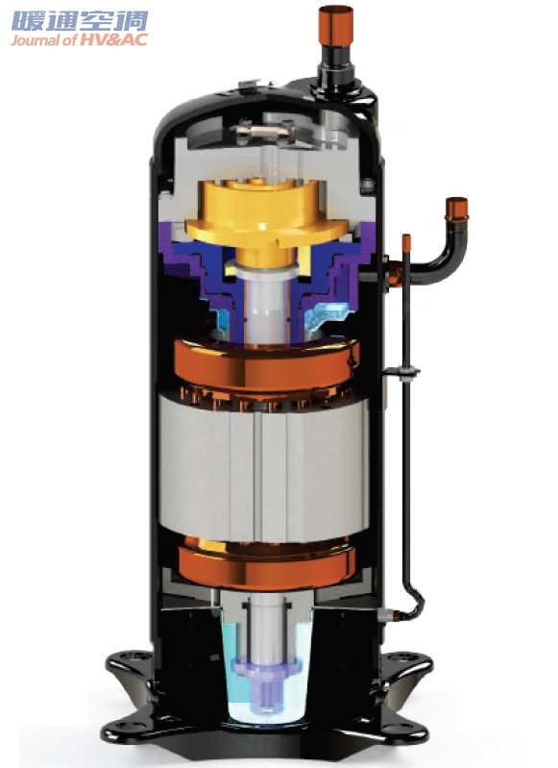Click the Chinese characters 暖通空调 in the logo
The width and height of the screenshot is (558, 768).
(80, 21)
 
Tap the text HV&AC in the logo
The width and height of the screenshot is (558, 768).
(113, 40)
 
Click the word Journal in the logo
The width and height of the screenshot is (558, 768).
(36, 40)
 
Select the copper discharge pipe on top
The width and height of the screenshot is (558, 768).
(335, 27)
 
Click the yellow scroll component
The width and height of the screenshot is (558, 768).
(266, 215)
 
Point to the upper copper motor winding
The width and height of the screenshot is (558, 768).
(267, 365)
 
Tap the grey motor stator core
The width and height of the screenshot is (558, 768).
(263, 468)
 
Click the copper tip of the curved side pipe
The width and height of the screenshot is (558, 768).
(456, 209)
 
